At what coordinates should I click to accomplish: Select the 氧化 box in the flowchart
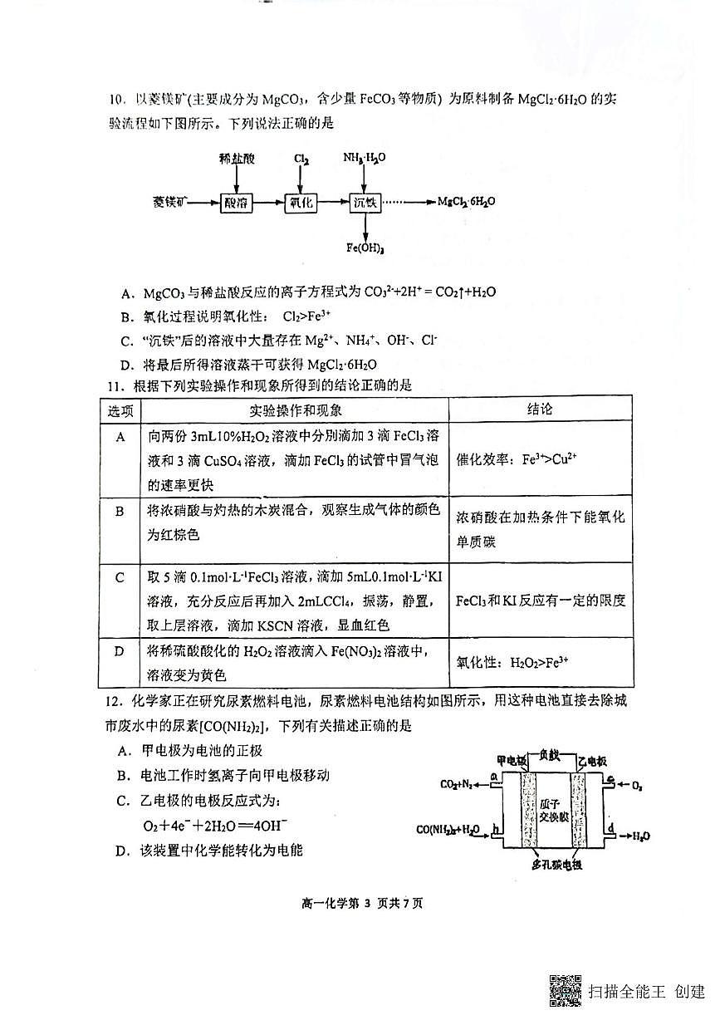300,203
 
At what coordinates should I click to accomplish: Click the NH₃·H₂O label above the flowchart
365,158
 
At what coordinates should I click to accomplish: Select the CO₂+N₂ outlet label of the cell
458,783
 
